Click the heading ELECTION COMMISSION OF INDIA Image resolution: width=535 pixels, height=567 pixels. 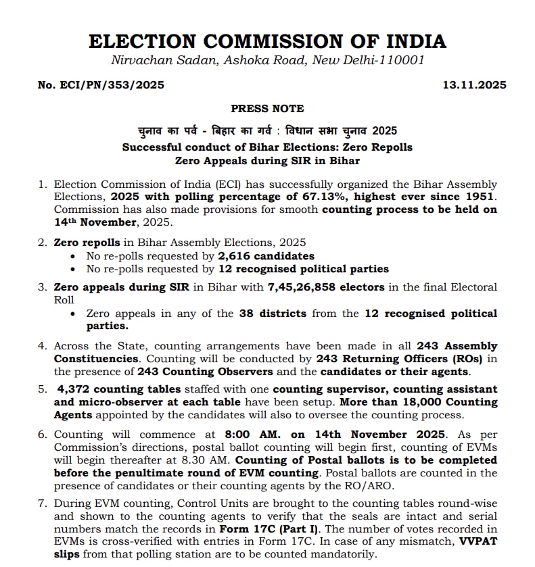click(x=267, y=41)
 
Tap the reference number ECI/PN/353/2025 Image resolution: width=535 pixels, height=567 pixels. click(x=101, y=85)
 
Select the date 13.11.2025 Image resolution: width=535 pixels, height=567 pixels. click(x=474, y=85)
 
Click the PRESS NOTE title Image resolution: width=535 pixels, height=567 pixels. click(x=267, y=108)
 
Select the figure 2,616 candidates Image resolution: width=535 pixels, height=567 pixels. click(x=266, y=255)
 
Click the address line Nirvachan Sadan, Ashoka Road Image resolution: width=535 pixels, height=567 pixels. click(x=210, y=60)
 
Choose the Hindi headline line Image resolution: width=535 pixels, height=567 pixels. click(x=267, y=130)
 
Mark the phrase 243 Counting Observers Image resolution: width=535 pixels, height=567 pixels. click(x=205, y=371)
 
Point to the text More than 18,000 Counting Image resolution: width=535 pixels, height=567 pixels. click(x=432, y=402)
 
